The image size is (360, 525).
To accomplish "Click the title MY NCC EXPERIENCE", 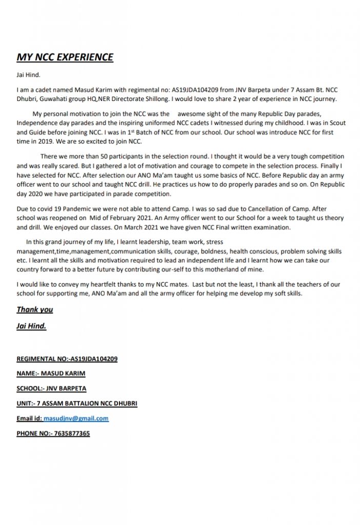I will tap(65, 57).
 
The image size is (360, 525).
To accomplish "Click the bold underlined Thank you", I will tap(35, 310).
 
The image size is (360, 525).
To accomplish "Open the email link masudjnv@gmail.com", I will tap(76, 418).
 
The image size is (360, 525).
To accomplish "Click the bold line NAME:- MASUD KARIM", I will tap(51, 373).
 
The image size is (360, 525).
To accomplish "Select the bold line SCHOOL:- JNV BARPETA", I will tap(51, 388).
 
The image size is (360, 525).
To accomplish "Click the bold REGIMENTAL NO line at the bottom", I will tap(67, 359).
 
